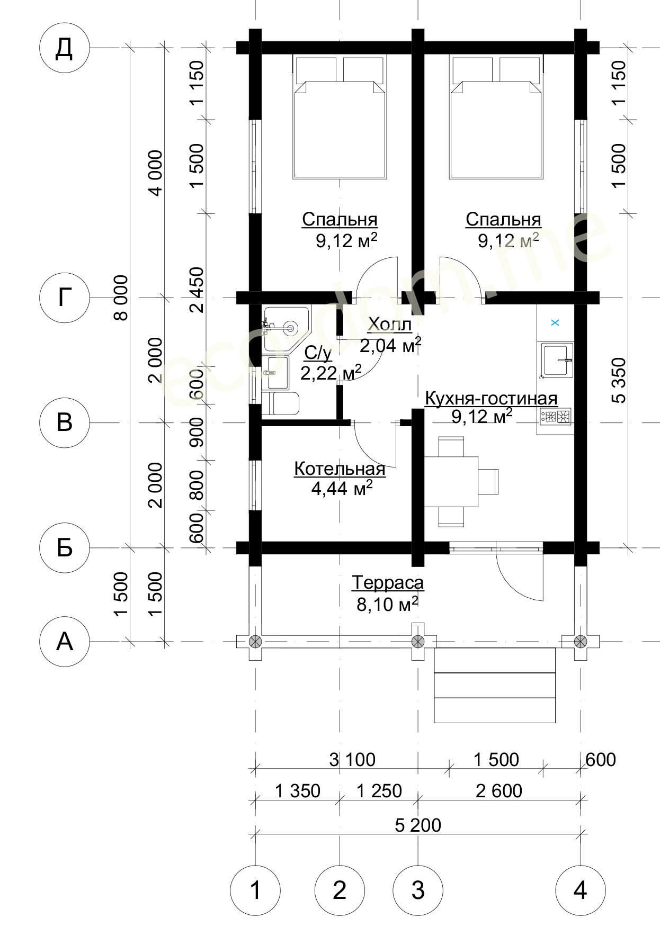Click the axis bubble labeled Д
64,48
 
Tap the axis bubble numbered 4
580,890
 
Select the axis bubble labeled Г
64,298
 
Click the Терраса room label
388,583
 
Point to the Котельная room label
340,469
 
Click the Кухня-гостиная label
491,398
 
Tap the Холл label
389,324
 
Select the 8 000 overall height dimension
121,298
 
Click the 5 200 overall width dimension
418,825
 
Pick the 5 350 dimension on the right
618,380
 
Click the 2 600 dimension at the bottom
498,790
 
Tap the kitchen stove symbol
555,417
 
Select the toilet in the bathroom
281,403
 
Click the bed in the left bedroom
340,116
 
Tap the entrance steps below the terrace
495,685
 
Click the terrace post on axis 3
418,642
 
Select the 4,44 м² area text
342,488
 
